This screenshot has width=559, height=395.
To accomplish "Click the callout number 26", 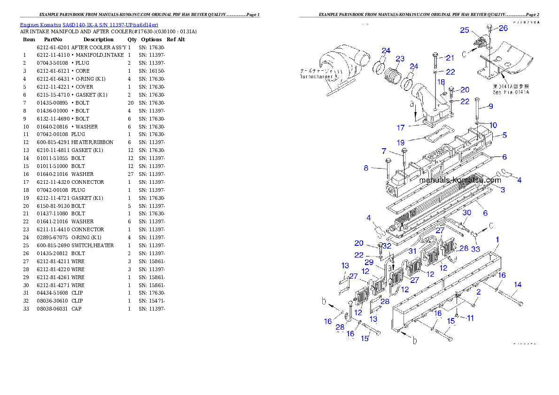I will point(503,28).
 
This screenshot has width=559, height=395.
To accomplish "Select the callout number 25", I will point(465,30).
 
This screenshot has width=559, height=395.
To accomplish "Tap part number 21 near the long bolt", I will point(450,58).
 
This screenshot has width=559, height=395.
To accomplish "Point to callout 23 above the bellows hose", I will point(400,59).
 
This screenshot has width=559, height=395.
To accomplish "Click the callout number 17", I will point(401,127).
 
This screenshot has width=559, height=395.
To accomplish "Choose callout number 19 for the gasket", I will point(401,143).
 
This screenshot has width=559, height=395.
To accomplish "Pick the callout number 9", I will point(490,106).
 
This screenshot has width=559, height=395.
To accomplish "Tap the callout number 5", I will point(504,135).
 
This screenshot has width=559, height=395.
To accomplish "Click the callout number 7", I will point(384,151).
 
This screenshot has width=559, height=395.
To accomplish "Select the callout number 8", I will point(366,168).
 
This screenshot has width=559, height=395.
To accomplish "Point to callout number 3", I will point(503,190).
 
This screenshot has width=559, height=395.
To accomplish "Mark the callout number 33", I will point(476,249).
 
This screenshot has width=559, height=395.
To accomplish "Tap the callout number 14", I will point(518,284).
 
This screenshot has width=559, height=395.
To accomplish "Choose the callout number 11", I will point(470,318).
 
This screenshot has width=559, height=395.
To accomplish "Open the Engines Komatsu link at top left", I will point(89,24).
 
